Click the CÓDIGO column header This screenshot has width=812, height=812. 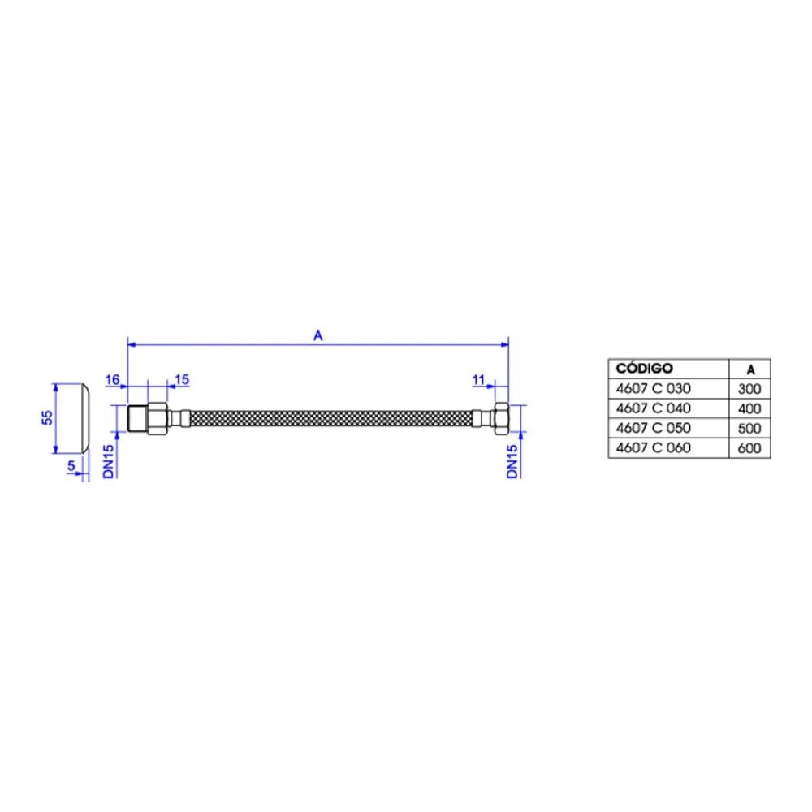coord(644,368)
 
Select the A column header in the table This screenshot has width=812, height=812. coord(750,369)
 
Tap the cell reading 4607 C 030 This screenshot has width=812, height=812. coord(653,388)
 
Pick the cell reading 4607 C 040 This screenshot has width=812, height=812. coord(653,408)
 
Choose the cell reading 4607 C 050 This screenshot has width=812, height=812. coord(653,428)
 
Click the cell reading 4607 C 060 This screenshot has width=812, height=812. coord(653,447)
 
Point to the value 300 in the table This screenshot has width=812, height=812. coord(749,389)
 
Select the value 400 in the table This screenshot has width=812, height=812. coord(749,408)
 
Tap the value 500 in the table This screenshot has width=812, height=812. coord(749,428)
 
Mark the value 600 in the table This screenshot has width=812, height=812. coord(749,448)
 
